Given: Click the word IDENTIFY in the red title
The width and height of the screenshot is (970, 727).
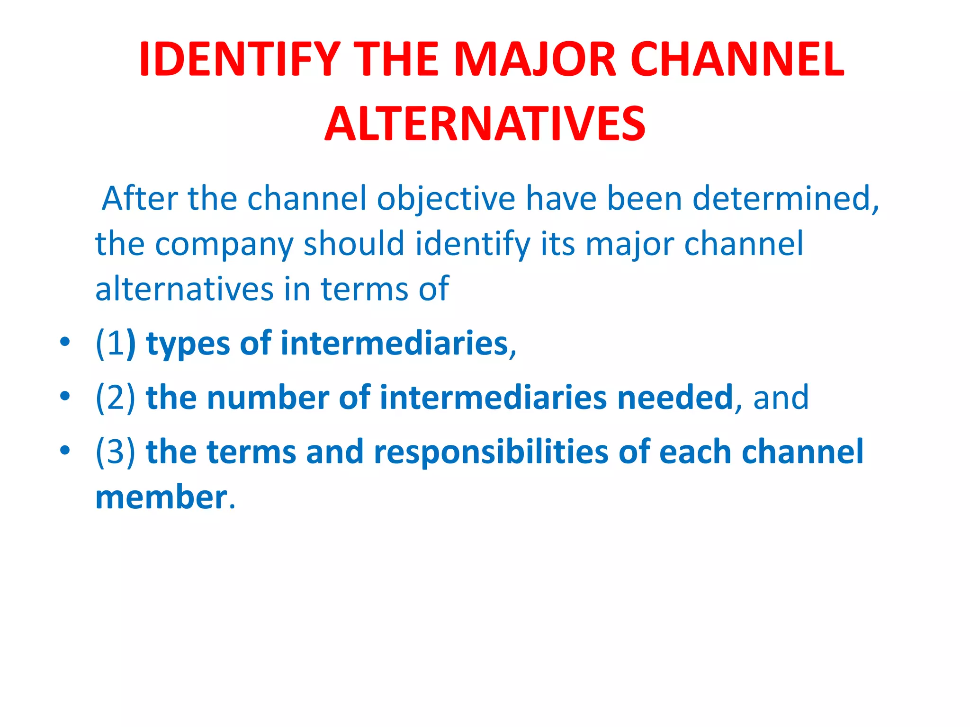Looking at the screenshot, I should coord(239,60).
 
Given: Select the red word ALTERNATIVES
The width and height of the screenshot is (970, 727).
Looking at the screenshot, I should coord(485,124).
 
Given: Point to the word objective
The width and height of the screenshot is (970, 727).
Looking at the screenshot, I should coord(446,199).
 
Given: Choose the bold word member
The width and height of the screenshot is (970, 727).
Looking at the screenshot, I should coord(161,497).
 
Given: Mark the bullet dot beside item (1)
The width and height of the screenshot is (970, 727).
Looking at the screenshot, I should coord(65,341).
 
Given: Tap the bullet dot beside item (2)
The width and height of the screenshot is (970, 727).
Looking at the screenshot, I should coord(65,396).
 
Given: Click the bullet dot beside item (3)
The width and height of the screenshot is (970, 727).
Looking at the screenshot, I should coord(65,450).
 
